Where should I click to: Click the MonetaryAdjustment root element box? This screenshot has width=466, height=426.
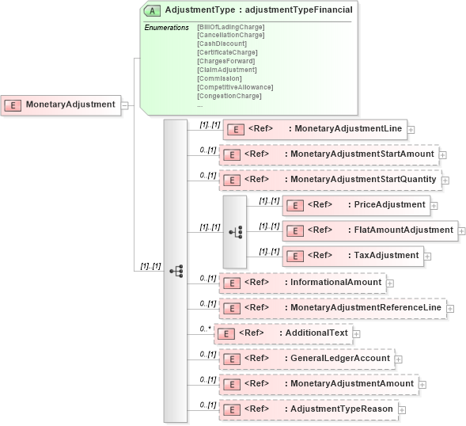pos(61,105)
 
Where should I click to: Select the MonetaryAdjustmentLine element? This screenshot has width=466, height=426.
pos(315,129)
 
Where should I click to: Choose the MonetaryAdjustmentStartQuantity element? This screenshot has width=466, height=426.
pos(330,180)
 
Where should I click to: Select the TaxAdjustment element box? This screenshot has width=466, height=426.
pos(354,255)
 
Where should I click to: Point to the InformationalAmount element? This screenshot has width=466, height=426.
pos(303,282)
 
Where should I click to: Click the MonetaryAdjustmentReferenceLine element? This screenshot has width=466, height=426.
pos(332,307)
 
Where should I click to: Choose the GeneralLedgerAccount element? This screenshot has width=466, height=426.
pos(306,359)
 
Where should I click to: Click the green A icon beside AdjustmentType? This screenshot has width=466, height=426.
pos(153,10)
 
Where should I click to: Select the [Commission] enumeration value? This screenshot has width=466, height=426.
pos(220,78)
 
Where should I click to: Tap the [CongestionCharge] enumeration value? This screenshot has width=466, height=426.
pos(229,96)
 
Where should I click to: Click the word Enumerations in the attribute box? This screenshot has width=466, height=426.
pos(166,28)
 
